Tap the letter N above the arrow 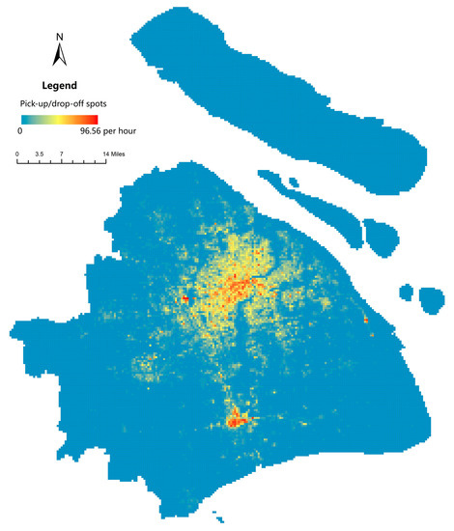pos(59,37)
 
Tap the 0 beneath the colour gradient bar pos(20,128)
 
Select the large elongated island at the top pos(280,92)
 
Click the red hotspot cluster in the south pos(236,419)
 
